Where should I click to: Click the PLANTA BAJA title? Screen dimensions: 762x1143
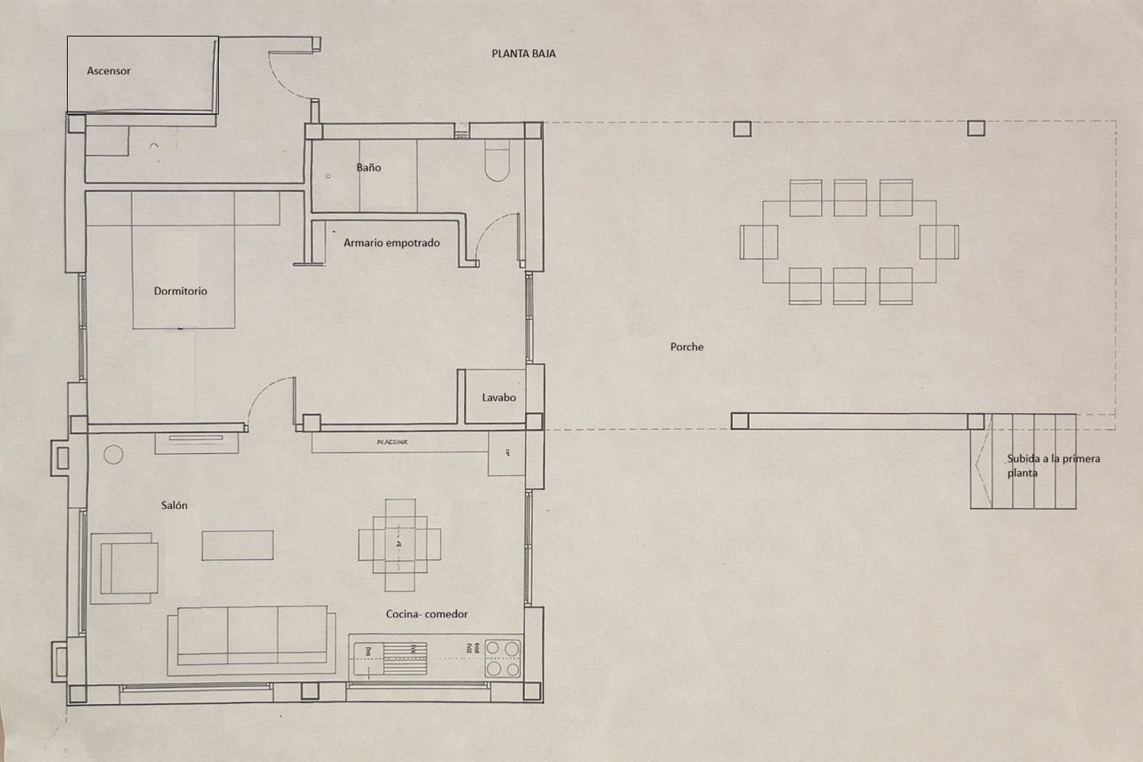click(523, 54)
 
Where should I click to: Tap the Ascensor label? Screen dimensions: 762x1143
click(108, 71)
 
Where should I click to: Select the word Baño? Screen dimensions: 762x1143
click(368, 168)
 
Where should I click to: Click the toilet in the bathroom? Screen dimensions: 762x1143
click(496, 165)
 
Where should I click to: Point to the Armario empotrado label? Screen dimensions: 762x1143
click(391, 243)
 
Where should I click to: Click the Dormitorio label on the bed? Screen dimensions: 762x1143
click(180, 291)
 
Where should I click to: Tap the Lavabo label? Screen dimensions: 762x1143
click(498, 398)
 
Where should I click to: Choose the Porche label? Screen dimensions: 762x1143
click(687, 347)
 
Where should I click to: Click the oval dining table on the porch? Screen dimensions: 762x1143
click(849, 242)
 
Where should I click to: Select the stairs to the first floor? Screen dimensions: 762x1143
click(1023, 462)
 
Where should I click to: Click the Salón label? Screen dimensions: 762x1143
click(174, 505)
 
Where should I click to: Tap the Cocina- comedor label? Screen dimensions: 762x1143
click(427, 614)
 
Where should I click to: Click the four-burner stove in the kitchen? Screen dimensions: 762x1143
click(503, 658)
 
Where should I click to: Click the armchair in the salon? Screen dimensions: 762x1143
click(126, 567)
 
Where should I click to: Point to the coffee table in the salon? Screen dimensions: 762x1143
click(238, 546)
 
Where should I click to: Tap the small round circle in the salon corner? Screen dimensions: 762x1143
click(114, 455)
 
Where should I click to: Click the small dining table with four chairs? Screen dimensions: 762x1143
click(399, 545)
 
